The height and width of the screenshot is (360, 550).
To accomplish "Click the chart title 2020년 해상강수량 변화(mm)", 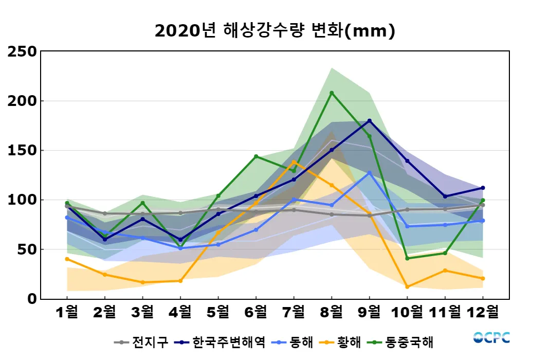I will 274,31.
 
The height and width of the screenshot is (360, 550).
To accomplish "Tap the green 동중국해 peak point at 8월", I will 332,93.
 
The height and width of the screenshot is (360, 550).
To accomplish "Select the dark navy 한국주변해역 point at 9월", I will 370,121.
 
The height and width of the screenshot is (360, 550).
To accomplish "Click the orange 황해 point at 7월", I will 294,162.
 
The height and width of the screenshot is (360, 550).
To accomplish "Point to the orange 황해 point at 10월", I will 407,286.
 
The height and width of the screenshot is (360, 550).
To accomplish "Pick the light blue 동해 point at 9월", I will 370,173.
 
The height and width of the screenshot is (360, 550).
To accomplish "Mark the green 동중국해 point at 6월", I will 256,156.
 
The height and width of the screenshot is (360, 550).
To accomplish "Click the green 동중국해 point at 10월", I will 407,258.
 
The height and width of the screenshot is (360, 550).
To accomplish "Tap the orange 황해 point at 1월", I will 67,259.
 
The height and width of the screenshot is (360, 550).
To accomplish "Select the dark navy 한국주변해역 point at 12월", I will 483,188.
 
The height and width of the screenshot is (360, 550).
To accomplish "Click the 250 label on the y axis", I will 23,51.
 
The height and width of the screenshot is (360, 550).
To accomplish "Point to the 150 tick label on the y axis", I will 23,150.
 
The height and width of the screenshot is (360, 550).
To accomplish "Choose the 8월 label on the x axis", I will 332,312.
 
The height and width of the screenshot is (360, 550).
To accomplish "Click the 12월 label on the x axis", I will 483,312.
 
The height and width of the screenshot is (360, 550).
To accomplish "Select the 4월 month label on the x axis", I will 180,312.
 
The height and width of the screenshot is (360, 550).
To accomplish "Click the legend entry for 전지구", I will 141,341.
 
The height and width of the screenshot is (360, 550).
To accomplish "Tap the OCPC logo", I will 491,337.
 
